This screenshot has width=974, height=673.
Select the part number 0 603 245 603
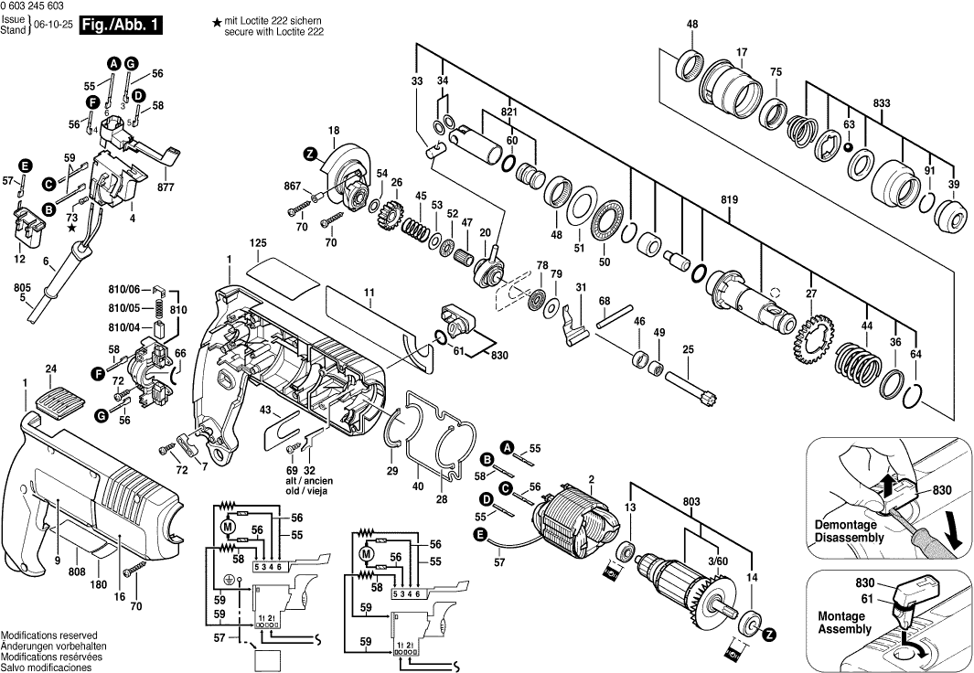(39, 7)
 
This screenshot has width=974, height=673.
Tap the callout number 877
(166, 188)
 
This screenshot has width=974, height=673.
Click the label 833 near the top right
(881, 103)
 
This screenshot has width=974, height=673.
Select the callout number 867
(293, 186)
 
